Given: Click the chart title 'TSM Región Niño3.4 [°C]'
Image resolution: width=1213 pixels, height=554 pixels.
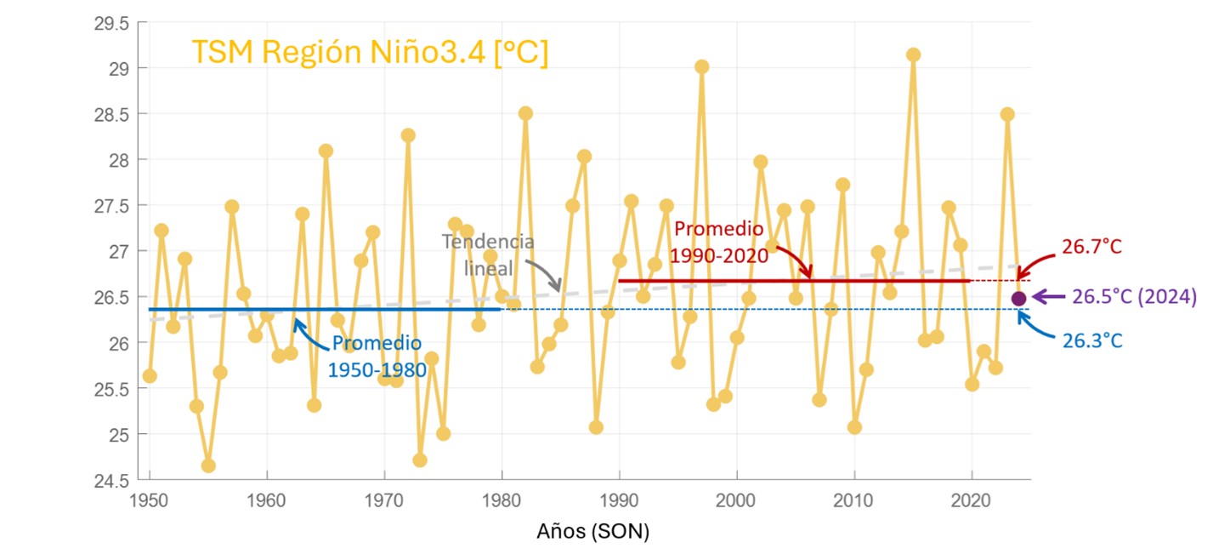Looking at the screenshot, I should coord(370,53).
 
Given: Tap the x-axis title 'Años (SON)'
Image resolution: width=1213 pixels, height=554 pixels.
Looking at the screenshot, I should coord(592,533).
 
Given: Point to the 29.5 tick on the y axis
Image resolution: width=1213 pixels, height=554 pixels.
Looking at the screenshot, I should coord(111,23).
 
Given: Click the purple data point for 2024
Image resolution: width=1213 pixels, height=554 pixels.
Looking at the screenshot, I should coord(1018,298).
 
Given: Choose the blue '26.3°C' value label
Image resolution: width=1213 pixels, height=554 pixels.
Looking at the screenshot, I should coord(1091,341).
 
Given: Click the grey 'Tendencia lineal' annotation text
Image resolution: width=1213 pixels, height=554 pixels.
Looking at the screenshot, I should coord(489,254).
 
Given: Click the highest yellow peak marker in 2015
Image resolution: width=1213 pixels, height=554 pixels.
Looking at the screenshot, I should coord(913,54).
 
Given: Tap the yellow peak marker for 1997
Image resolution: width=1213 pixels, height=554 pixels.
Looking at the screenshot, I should coord(701,66).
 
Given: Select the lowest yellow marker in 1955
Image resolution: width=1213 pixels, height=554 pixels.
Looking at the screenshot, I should coord(208,465).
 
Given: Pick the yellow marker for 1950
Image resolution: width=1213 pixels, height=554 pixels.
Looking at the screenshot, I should coord(150,376).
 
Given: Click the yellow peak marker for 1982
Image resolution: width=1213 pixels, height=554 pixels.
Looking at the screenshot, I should coord(525,113).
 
